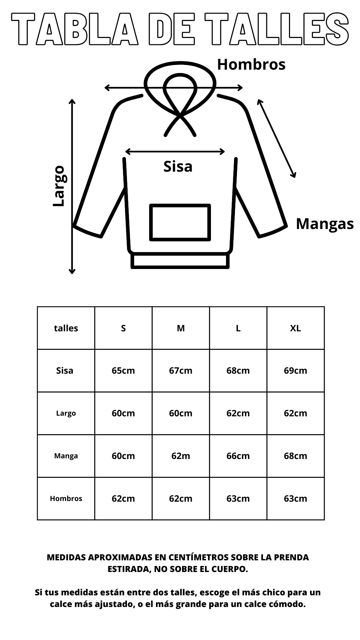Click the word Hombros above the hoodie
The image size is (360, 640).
point(251,64)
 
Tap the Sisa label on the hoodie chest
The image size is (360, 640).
point(178,166)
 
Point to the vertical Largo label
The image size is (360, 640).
point(59,186)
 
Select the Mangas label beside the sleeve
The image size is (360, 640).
point(325,224)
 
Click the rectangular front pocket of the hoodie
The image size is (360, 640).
point(180,205)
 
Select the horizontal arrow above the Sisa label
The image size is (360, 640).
point(175,152)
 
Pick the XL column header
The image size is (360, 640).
point(295,328)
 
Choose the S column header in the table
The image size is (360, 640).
point(123,328)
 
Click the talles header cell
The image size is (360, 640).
point(66,328)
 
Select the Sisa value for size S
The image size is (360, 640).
point(123,371)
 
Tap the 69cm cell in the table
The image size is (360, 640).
point(295,371)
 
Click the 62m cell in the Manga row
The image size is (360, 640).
point(181,456)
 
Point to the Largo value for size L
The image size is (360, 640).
point(238,413)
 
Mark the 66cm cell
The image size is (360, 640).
point(238,456)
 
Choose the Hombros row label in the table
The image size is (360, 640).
point(66,499)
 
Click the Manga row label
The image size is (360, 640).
point(66,456)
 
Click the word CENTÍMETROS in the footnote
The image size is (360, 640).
point(198,557)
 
